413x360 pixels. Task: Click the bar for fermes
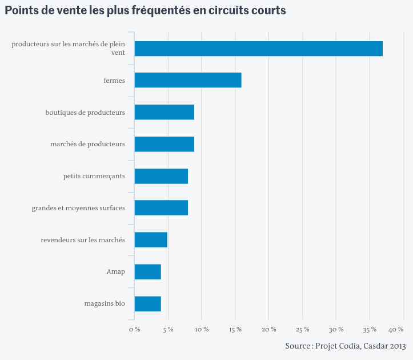(188, 80)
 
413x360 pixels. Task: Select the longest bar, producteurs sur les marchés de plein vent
(259, 49)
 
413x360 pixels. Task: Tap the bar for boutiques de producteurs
(165, 112)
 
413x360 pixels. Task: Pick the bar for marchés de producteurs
(165, 144)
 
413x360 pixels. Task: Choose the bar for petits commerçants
(161, 176)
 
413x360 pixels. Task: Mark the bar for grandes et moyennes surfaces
(161, 207)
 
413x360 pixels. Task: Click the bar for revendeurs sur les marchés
(151, 240)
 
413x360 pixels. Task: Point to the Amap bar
(148, 271)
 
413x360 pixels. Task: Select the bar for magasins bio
(148, 304)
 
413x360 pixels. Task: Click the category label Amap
(116, 271)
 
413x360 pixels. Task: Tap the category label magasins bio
(105, 303)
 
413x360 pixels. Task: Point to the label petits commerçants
(94, 176)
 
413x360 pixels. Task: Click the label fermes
(114, 80)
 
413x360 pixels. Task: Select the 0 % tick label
(135, 330)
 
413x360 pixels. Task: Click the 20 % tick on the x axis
(269, 330)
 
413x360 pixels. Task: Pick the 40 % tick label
(396, 330)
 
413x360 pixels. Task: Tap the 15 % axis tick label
(235, 330)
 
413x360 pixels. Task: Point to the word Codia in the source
(350, 346)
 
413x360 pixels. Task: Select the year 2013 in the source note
(398, 346)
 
